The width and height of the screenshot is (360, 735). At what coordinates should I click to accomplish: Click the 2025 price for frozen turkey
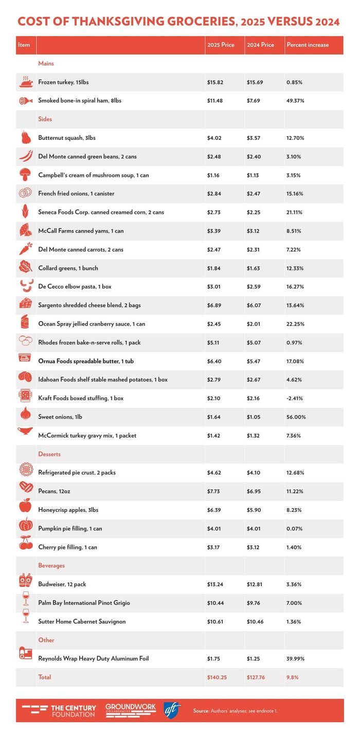[215, 82]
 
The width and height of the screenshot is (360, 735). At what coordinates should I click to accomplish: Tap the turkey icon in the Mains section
[26, 82]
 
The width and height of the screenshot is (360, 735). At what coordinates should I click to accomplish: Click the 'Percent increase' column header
[307, 45]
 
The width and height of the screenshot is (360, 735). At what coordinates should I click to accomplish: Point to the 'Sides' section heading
[45, 119]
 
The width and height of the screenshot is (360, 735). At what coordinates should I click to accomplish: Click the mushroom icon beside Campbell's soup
[25, 175]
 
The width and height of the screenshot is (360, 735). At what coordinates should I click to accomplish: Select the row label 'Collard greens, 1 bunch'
[68, 268]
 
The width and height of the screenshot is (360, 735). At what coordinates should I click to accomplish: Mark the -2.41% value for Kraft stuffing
[295, 398]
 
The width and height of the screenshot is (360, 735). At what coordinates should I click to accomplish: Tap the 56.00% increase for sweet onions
[296, 417]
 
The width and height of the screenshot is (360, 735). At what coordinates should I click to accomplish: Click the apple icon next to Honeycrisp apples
[25, 510]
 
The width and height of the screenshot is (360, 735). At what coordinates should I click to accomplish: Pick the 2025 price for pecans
[214, 491]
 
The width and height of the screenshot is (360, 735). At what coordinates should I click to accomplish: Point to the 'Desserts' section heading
[49, 454]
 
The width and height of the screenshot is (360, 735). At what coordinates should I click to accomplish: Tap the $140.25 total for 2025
[217, 677]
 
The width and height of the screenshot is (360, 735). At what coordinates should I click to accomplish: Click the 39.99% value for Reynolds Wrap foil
[295, 658]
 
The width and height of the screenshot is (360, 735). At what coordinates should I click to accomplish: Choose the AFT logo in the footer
[172, 710]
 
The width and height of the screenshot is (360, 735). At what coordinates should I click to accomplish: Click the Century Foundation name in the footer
[73, 711]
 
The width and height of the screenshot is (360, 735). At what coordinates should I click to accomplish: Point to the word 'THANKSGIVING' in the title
[130, 22]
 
